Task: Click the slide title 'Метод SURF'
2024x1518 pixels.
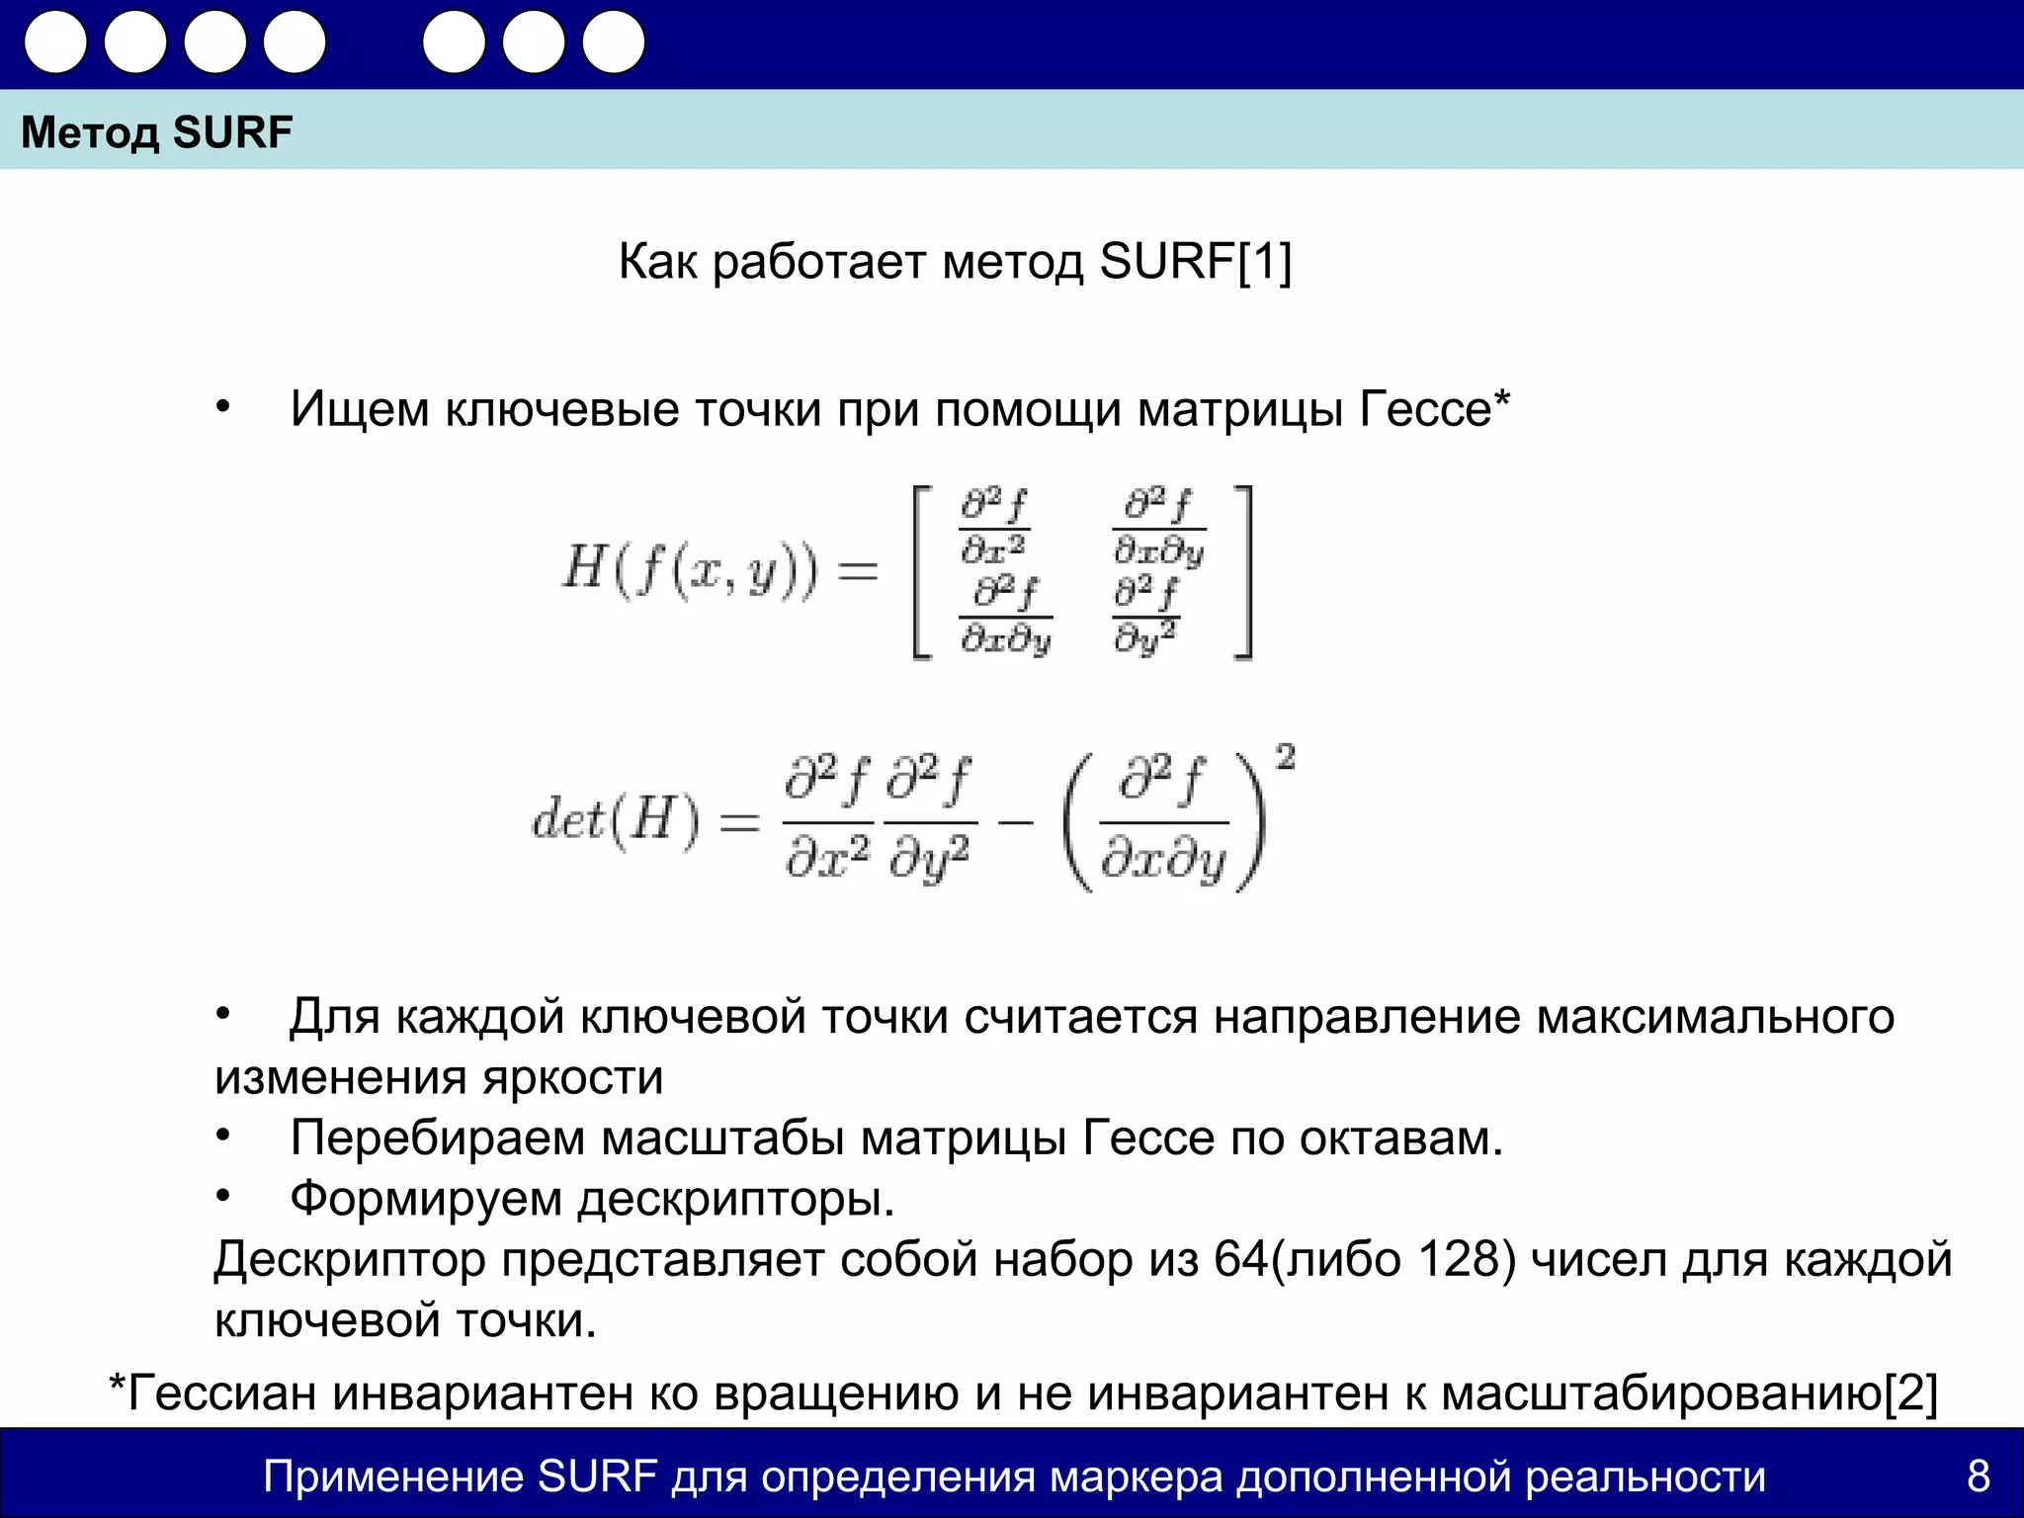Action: [x=157, y=132]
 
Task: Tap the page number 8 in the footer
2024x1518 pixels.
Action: [x=1978, y=1476]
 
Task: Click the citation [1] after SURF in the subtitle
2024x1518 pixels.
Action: [x=1265, y=262]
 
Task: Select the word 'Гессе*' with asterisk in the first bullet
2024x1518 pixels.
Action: [x=1435, y=409]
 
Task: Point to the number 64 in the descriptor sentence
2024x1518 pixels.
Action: [x=1240, y=1260]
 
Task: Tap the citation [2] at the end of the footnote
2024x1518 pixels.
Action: [x=1910, y=1393]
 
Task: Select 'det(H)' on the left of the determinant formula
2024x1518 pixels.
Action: [x=615, y=819]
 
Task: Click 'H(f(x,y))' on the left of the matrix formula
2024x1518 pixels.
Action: [x=690, y=570]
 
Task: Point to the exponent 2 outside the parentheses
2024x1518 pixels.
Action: [x=1285, y=758]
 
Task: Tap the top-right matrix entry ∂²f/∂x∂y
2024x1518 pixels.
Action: [x=1158, y=527]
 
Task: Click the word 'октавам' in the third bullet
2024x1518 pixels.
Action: [x=1400, y=1138]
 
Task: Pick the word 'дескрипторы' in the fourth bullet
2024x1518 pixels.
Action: [x=735, y=1199]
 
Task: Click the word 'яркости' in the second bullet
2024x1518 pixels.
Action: [x=573, y=1077]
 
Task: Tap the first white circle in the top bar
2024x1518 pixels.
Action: [x=55, y=42]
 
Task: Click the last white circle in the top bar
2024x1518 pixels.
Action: [x=614, y=42]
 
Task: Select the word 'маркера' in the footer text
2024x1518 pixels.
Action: [x=1136, y=1476]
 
